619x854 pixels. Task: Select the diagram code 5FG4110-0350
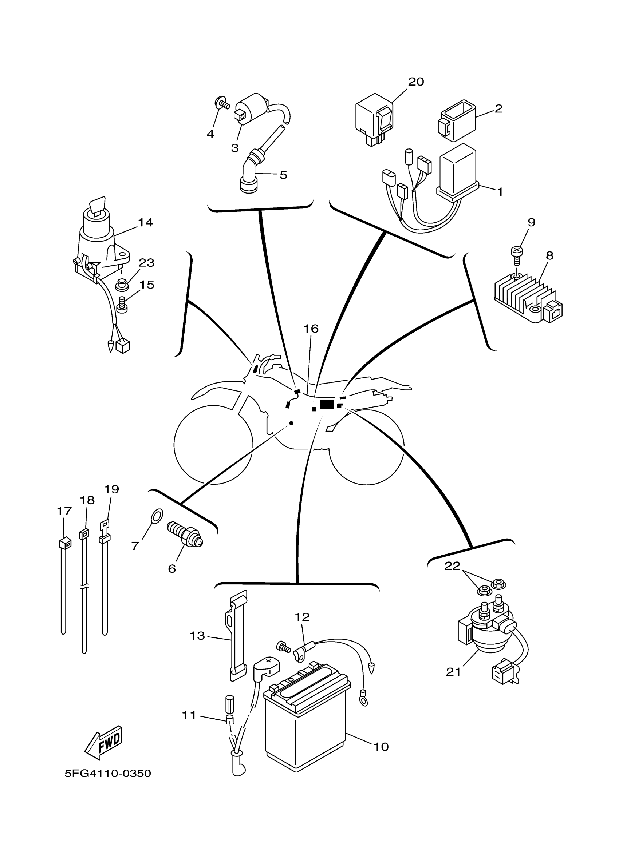[x=108, y=774]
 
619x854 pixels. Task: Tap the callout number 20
[x=416, y=82]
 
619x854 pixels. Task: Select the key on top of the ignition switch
[x=97, y=206]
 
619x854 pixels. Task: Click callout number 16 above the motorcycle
[x=311, y=329]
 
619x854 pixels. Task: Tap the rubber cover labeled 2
[x=457, y=121]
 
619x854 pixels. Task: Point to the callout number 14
[x=145, y=223]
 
